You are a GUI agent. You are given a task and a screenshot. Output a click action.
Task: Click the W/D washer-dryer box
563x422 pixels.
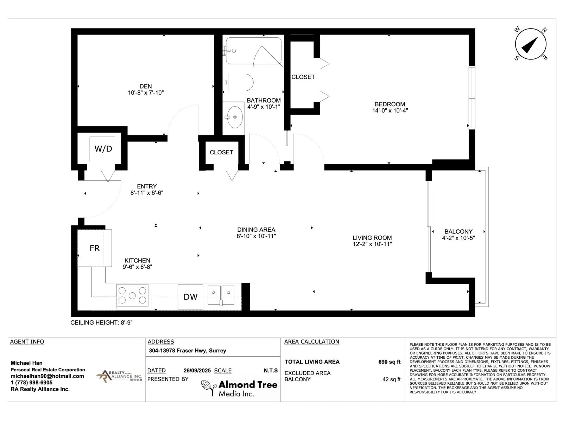pos(102,149)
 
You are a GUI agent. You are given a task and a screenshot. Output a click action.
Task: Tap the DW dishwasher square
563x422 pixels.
pos(190,297)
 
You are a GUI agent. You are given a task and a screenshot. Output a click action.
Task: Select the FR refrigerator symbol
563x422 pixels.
pos(94,248)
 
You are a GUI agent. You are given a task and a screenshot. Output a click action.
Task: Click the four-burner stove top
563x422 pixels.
pos(132,295)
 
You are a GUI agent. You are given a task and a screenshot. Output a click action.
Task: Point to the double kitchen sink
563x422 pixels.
pos(221,295)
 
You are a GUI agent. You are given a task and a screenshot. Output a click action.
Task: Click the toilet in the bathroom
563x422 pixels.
pos(238,83)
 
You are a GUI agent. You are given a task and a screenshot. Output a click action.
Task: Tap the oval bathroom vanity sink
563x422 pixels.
pos(235,117)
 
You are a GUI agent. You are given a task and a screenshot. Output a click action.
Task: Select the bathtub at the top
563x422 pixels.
pos(253,51)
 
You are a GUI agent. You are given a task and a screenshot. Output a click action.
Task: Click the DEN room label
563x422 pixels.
pos(146,87)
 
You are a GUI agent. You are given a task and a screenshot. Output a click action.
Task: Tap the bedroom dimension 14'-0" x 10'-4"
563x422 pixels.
pos(390,110)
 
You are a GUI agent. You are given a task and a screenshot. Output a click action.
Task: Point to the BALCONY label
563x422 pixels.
pos(458,231)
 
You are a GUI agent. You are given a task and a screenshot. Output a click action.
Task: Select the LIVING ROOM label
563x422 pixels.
pos(372,238)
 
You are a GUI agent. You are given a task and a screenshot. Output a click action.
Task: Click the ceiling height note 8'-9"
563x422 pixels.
pos(102,322)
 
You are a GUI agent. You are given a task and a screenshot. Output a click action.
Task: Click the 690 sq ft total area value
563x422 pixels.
pos(390,362)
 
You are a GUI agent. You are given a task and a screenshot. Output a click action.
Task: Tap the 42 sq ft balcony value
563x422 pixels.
pos(391,379)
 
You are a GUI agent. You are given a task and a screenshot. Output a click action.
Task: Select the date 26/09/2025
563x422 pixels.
pos(197,371)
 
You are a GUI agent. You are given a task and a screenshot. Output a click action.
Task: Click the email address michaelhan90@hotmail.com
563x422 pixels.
pos(47,376)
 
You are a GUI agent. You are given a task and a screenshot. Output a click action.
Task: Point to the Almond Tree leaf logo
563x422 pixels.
pos(209,388)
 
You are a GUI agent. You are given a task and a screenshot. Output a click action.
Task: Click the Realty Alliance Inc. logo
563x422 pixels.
pos(119,376)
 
